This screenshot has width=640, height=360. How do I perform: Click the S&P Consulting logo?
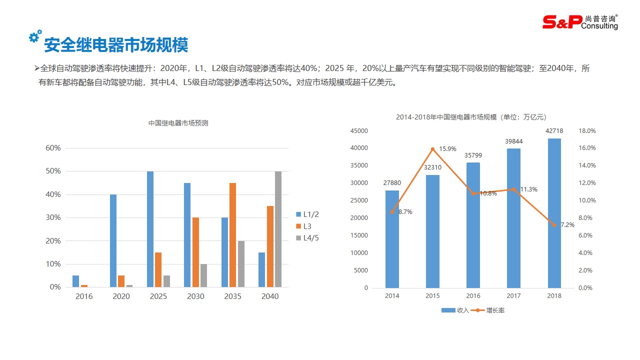pos(580,21)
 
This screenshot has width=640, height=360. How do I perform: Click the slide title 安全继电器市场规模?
pos(116,45)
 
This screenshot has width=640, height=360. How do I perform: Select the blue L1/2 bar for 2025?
pos(150,229)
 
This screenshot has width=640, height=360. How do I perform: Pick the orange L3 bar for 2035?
pos(232,235)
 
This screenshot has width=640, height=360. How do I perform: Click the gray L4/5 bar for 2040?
pos(278,229)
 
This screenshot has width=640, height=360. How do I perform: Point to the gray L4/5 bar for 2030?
pos(203,275)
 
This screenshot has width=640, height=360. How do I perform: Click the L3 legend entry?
pos(307,226)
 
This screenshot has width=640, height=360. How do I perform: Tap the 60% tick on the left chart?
pos(53,148)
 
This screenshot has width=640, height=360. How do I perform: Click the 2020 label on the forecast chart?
pos(121,296)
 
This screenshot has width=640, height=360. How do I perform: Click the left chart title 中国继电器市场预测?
pos(178,123)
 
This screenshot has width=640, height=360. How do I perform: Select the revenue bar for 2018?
pos(554,213)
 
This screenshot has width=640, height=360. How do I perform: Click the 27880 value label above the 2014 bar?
pos(392,183)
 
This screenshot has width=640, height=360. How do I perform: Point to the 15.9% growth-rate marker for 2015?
pos(433,149)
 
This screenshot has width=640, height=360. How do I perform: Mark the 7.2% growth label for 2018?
pos(567,225)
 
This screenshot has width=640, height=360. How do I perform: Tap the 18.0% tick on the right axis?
pos(587,131)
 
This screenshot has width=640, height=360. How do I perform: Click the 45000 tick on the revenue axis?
pos(358,131)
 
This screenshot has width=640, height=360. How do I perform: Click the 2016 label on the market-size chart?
pos(473,295)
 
